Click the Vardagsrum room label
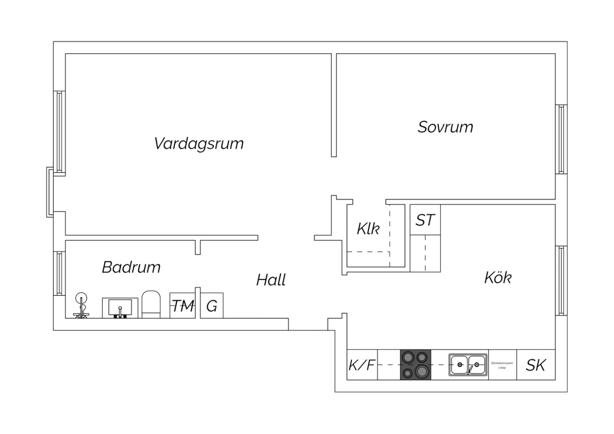click(199, 144)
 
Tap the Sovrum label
click(445, 127)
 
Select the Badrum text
click(131, 267)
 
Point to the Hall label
click(271, 280)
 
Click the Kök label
click(498, 278)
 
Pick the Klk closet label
click(368, 229)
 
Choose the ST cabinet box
click(425, 220)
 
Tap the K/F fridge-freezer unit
click(362, 365)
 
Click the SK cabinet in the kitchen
click(536, 365)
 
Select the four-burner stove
click(415, 365)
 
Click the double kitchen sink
click(468, 364)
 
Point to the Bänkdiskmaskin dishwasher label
click(502, 365)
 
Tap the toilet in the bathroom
click(151, 304)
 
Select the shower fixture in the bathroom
click(81, 305)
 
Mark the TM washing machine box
click(183, 305)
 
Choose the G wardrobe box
click(212, 305)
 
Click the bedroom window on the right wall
click(561, 139)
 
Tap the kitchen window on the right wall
click(561, 280)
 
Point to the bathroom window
click(59, 273)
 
